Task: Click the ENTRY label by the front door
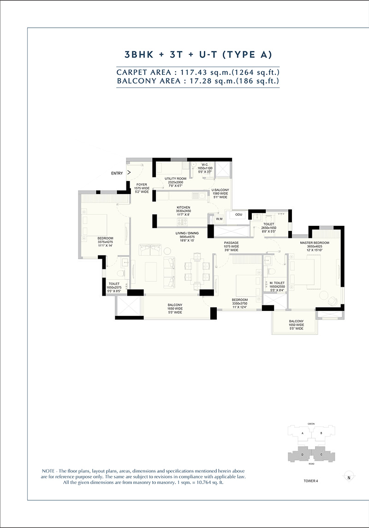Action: [117, 173]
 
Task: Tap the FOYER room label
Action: [141, 184]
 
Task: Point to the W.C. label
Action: [206, 164]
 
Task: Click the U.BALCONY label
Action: [220, 190]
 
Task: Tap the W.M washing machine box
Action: [219, 218]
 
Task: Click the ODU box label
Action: [238, 215]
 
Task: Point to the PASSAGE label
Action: [231, 243]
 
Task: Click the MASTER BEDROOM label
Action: [315, 243]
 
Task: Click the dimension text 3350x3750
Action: [239, 303]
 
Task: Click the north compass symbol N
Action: [349, 477]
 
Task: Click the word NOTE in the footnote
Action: [49, 470]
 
